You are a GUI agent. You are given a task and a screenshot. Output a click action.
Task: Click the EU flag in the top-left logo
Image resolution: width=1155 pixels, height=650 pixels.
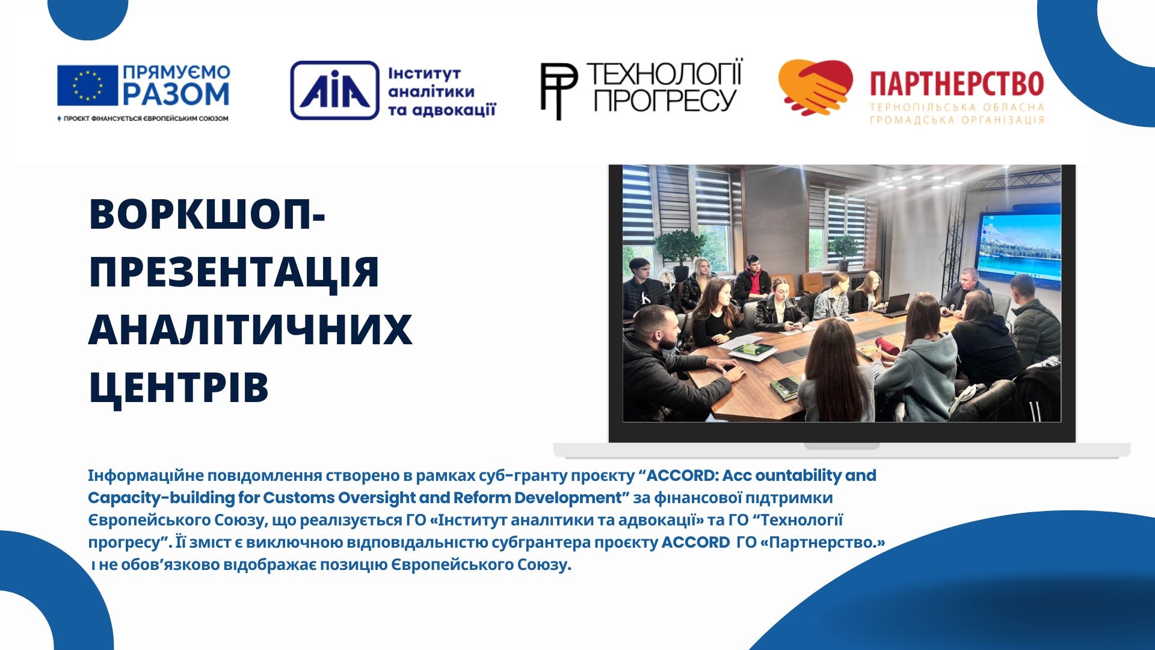pyautogui.click(x=87, y=85)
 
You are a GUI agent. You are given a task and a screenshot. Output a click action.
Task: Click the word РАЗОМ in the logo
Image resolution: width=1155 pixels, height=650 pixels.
pyautogui.click(x=176, y=94)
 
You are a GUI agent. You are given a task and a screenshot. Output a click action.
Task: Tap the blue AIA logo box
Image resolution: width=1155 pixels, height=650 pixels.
pyautogui.click(x=334, y=90)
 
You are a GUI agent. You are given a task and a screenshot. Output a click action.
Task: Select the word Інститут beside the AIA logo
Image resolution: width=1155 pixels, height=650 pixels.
pyautogui.click(x=424, y=73)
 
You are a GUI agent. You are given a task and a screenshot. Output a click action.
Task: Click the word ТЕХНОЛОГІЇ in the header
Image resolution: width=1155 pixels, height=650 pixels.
pyautogui.click(x=665, y=74)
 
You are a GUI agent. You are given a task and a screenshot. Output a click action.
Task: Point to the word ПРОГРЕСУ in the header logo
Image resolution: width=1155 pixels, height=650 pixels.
pyautogui.click(x=665, y=100)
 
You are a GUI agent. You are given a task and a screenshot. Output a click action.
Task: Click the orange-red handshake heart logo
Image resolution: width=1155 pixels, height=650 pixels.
pyautogui.click(x=815, y=87)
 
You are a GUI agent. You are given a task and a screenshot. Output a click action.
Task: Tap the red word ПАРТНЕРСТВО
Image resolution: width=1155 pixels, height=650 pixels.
pyautogui.click(x=956, y=84)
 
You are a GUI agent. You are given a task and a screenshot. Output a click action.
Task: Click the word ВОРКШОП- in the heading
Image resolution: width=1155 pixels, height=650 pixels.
pyautogui.click(x=207, y=214)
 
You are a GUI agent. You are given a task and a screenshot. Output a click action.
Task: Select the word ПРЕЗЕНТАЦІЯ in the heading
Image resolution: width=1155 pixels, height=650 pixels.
pyautogui.click(x=234, y=272)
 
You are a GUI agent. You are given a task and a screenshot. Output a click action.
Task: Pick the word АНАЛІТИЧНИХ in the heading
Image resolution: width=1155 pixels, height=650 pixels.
pyautogui.click(x=250, y=330)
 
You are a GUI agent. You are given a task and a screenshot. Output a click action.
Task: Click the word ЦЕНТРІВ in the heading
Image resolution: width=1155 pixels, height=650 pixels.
pyautogui.click(x=179, y=388)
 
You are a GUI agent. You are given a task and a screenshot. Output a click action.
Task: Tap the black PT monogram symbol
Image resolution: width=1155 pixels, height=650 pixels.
pyautogui.click(x=558, y=91)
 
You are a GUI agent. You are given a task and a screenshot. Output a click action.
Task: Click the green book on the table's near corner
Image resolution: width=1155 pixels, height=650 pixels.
pyautogui.click(x=785, y=388)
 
